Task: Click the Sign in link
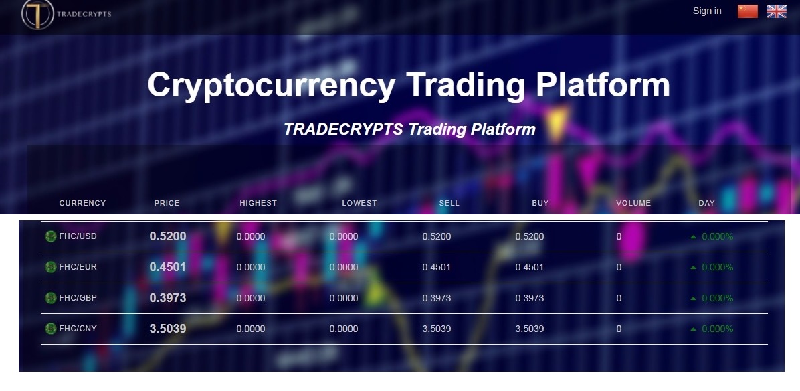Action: (x=706, y=11)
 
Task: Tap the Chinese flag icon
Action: (x=747, y=11)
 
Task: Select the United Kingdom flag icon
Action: (x=776, y=11)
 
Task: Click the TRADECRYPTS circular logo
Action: (x=37, y=14)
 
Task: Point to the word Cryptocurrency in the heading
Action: (x=272, y=85)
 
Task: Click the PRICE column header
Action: (x=167, y=203)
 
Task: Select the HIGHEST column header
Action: (x=258, y=203)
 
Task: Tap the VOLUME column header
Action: (x=633, y=203)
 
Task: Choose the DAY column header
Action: (x=706, y=203)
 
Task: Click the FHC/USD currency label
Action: (x=78, y=236)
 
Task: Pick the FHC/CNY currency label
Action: (x=78, y=329)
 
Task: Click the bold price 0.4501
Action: (x=167, y=267)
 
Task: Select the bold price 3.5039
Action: (x=167, y=329)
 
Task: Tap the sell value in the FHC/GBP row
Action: (x=436, y=298)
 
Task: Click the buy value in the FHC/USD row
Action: (x=530, y=236)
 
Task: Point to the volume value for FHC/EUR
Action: (x=619, y=267)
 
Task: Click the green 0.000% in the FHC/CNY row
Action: (x=717, y=329)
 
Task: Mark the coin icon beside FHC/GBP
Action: (x=51, y=297)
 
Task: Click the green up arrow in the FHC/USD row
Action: (x=693, y=237)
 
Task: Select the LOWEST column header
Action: (x=359, y=203)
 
